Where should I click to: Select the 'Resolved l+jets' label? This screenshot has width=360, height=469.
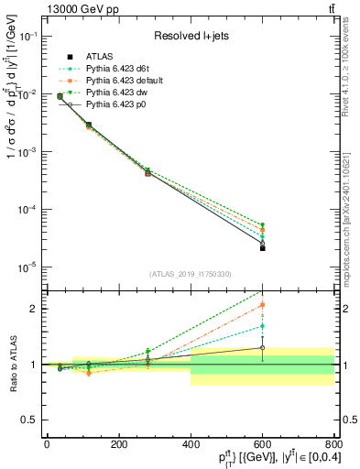click(189, 36)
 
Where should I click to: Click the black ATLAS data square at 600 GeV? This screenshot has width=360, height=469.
click(262, 248)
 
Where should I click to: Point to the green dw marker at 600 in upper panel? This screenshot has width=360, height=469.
click(262, 224)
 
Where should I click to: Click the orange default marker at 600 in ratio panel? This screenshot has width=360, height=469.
click(262, 304)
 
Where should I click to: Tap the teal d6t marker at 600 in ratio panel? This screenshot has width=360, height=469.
click(262, 325)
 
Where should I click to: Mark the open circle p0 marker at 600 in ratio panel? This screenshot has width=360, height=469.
click(262, 347)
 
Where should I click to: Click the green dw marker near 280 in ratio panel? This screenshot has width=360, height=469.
click(147, 352)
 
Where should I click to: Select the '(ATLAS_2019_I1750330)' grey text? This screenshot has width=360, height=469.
click(189, 274)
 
